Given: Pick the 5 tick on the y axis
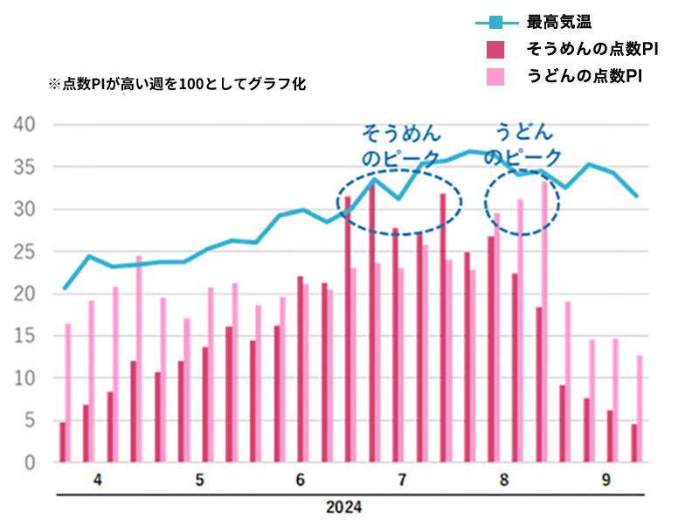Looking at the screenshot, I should click(x=28, y=420).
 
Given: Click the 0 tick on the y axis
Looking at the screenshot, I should click(x=28, y=463).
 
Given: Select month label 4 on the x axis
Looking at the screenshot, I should click(x=97, y=481).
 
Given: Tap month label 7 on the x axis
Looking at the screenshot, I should click(x=401, y=481).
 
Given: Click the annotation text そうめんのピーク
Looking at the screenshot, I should click(x=402, y=145).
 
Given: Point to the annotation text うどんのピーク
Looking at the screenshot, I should click(x=523, y=145).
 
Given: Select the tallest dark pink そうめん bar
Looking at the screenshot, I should click(x=371, y=323).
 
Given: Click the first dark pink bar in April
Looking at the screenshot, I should click(x=62, y=442).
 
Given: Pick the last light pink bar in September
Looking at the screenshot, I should click(x=640, y=409).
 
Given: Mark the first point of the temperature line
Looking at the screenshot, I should click(x=65, y=288).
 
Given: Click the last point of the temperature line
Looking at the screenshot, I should click(x=636, y=196).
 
